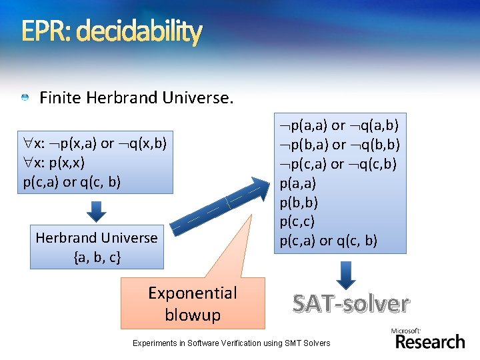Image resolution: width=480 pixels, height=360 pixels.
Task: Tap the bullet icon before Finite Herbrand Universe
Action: (25, 98)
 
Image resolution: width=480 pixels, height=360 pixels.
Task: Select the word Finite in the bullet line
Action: (61, 98)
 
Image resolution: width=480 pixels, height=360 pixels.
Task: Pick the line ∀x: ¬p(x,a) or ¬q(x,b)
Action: (94, 143)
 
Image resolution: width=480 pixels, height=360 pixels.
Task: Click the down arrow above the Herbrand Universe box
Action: (97, 211)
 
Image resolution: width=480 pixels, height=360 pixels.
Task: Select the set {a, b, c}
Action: (97, 256)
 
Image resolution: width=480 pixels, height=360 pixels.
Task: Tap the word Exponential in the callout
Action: (192, 293)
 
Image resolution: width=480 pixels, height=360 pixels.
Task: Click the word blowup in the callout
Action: (192, 314)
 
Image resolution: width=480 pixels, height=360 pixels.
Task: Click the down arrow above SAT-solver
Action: (346, 274)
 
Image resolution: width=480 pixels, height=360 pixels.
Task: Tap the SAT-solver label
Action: (350, 303)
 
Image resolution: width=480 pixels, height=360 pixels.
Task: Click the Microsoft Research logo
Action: (429, 339)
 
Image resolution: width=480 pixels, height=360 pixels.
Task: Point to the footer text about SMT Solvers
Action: (231, 343)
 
